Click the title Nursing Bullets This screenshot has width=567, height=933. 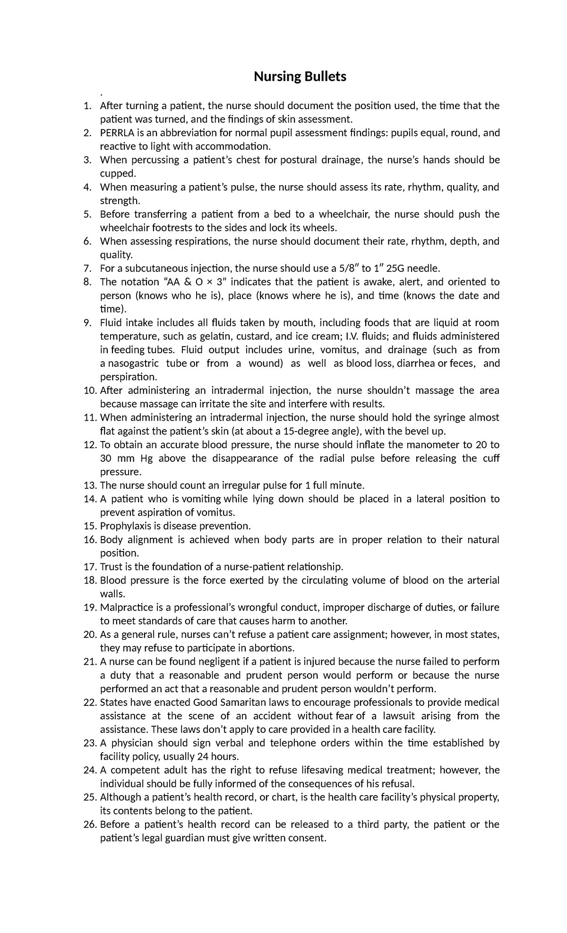300,76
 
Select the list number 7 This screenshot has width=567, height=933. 87,269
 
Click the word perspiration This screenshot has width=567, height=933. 128,377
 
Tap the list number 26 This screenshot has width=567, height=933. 90,824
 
